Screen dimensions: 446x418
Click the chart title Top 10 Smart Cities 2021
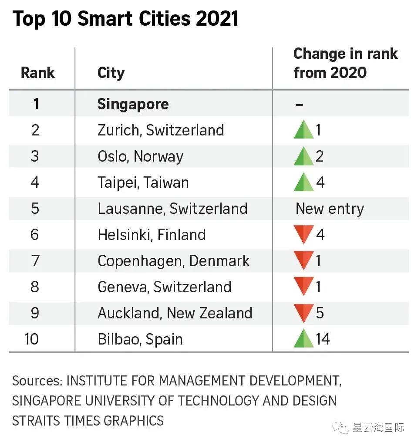tap(125, 19)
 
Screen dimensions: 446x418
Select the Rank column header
tap(38, 73)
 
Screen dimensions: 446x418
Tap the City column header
tap(111, 73)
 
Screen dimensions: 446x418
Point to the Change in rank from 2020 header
tap(345, 63)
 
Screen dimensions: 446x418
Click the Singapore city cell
tap(133, 104)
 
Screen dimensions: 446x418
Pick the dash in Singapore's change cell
tap(299, 105)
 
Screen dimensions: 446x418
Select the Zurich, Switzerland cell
tap(161, 130)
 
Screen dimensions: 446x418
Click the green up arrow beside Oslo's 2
tap(303, 156)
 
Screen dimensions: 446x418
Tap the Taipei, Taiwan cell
tap(143, 182)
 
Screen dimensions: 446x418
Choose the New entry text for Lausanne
tap(330, 209)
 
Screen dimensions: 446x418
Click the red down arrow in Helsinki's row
tap(303, 235)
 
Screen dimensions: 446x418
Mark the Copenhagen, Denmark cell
tap(173, 261)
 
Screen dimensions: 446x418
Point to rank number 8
tap(35, 287)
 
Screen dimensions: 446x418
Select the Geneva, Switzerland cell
tap(164, 287)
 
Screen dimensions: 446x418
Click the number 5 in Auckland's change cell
tap(320, 313)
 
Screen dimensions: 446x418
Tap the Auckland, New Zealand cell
tap(175, 313)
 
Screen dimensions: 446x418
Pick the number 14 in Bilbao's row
tap(323, 339)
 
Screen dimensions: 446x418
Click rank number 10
tap(32, 339)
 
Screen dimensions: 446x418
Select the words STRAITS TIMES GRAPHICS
tap(88, 421)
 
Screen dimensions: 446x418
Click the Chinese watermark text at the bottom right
tap(378, 428)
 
